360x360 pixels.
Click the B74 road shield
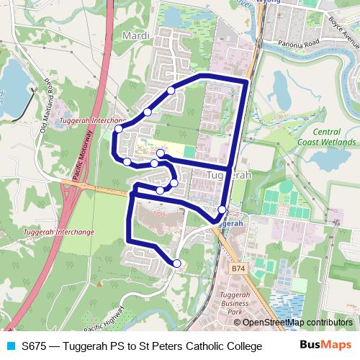coord(239,269)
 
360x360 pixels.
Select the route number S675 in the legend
coord(35,346)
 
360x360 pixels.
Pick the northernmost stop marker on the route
coord(171,90)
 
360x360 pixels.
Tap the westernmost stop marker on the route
coord(118,129)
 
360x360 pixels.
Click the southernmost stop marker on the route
coord(177,264)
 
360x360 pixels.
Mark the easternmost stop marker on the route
coord(222,210)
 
